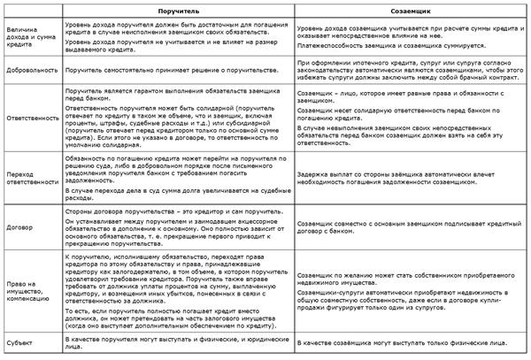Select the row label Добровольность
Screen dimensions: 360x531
[27, 67]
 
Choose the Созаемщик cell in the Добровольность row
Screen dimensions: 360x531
[409, 67]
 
